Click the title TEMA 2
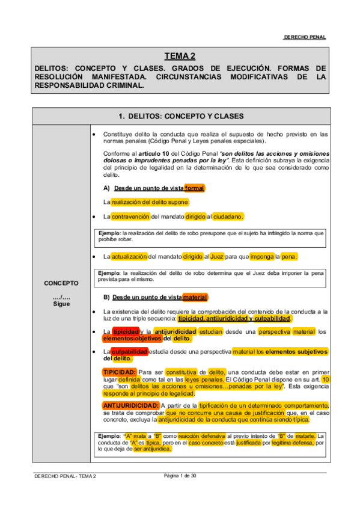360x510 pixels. coord(180,56)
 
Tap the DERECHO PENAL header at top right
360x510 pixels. coord(305,37)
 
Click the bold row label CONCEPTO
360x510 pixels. coord(61,283)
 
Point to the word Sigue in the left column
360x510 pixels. coord(61,304)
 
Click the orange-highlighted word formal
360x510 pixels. coord(194,188)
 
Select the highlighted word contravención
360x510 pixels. coord(130,217)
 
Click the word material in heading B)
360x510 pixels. coord(195,297)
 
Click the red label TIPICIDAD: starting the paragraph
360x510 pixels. coord(120,372)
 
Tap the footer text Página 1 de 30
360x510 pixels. coord(180,476)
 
